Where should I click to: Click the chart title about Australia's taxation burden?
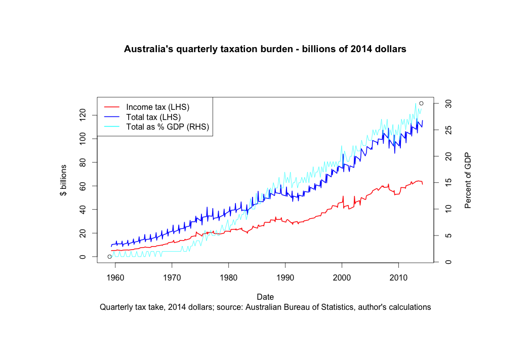tap(265, 49)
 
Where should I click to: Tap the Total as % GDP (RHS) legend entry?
tap(168, 127)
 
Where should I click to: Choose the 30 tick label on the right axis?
tap(447, 103)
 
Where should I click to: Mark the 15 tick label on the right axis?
tap(447, 183)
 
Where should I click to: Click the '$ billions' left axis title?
tap(63, 180)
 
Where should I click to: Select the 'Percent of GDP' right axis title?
tap(468, 180)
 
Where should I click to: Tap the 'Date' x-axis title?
tap(265, 297)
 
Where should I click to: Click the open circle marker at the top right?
tap(421, 103)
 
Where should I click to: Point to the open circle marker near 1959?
tap(109, 257)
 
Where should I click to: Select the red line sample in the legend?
tap(111, 107)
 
